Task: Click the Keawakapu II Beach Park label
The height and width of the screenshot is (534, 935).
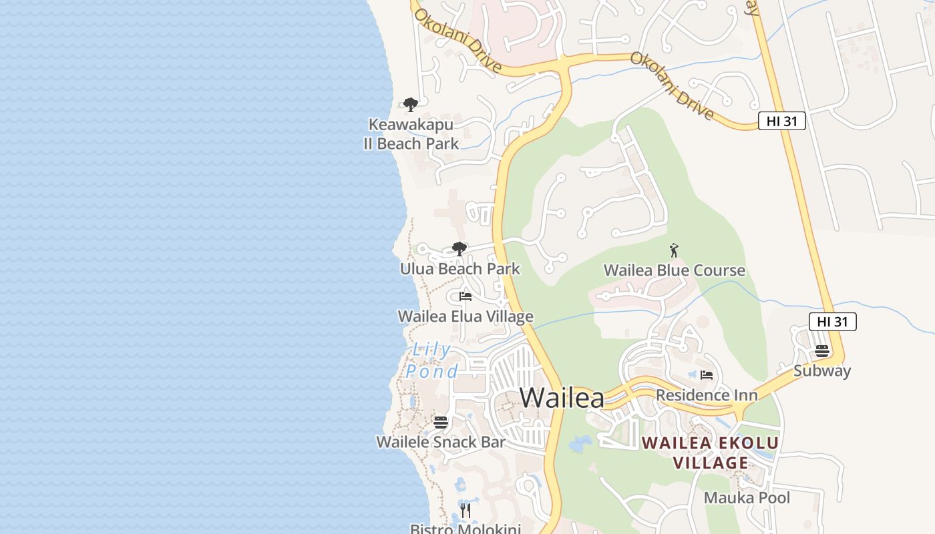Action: [411, 134]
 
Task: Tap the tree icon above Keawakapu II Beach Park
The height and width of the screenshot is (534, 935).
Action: [411, 105]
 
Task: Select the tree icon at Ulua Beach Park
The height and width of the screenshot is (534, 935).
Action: [459, 249]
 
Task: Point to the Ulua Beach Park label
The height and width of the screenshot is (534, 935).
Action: [459, 269]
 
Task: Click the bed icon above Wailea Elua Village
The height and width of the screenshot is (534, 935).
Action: [465, 296]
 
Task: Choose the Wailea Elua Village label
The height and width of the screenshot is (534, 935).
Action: [465, 316]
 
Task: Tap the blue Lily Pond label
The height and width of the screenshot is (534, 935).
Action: [431, 360]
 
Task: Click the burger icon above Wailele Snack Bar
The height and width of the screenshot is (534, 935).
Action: [440, 422]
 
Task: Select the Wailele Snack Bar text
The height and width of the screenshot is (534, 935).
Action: [440, 442]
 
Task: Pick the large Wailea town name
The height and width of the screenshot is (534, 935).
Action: [562, 398]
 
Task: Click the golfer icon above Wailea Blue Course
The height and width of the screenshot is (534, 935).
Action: [674, 251]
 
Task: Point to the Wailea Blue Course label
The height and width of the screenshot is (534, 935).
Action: [674, 270]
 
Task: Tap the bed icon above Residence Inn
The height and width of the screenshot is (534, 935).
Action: [707, 375]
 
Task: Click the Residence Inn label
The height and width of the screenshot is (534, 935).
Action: [707, 395]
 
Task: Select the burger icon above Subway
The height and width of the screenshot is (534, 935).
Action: [821, 351]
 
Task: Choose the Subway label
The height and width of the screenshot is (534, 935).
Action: [821, 371]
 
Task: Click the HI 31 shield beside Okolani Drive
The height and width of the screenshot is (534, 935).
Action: [781, 121]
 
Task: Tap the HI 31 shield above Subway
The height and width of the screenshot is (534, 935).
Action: [832, 322]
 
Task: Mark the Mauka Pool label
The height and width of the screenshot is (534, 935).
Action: [747, 498]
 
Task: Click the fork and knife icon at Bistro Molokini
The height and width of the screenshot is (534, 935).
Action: [465, 511]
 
